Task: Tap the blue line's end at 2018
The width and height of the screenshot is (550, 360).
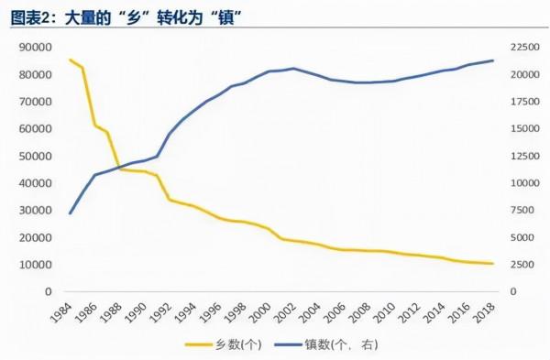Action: [x=493, y=60]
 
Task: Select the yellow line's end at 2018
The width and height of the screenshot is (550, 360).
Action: [x=493, y=264]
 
